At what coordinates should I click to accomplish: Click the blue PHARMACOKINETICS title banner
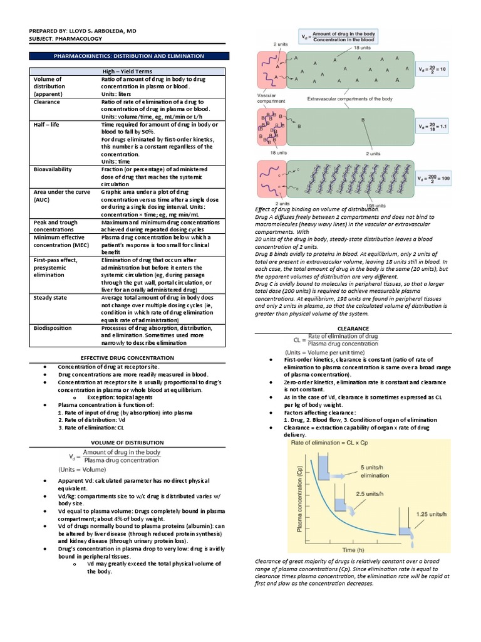tap(129, 56)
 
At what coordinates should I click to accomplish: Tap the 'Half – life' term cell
tap(47, 125)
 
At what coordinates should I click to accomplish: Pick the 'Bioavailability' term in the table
tap(53, 169)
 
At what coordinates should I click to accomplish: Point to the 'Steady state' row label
tap(51, 298)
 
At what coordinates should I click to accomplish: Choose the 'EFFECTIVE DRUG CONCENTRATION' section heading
tap(128, 357)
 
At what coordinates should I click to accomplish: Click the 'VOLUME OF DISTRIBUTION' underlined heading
tap(128, 442)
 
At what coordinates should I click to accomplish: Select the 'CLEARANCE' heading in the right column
tap(353, 329)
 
